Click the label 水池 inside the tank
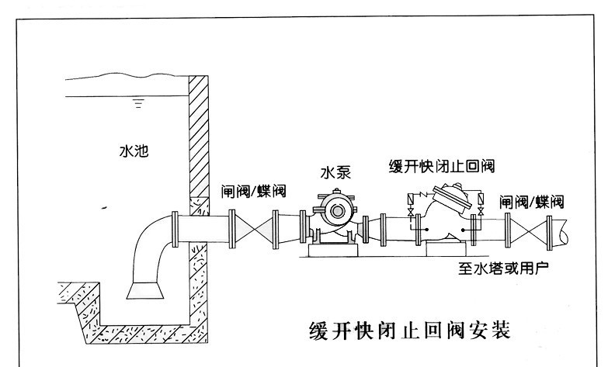coord(134,153)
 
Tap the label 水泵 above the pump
coord(336,172)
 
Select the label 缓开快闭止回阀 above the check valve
coord(442,166)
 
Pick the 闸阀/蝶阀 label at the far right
coord(532,202)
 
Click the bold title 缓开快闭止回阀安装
coord(408,331)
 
